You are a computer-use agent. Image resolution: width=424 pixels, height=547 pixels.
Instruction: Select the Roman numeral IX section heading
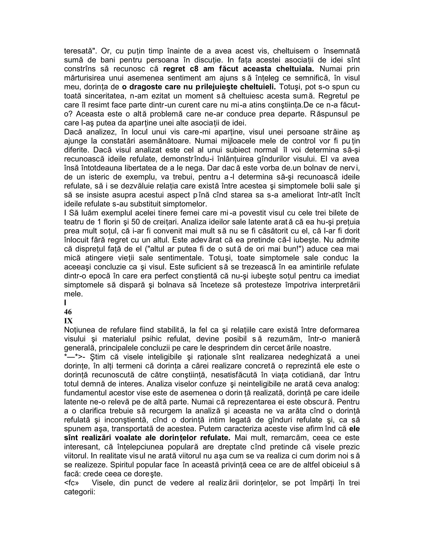tap(68, 321)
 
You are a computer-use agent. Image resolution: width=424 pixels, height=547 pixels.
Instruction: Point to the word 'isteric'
tap(95, 177)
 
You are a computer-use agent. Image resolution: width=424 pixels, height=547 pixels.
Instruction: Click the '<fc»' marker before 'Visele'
tap(71, 483)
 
